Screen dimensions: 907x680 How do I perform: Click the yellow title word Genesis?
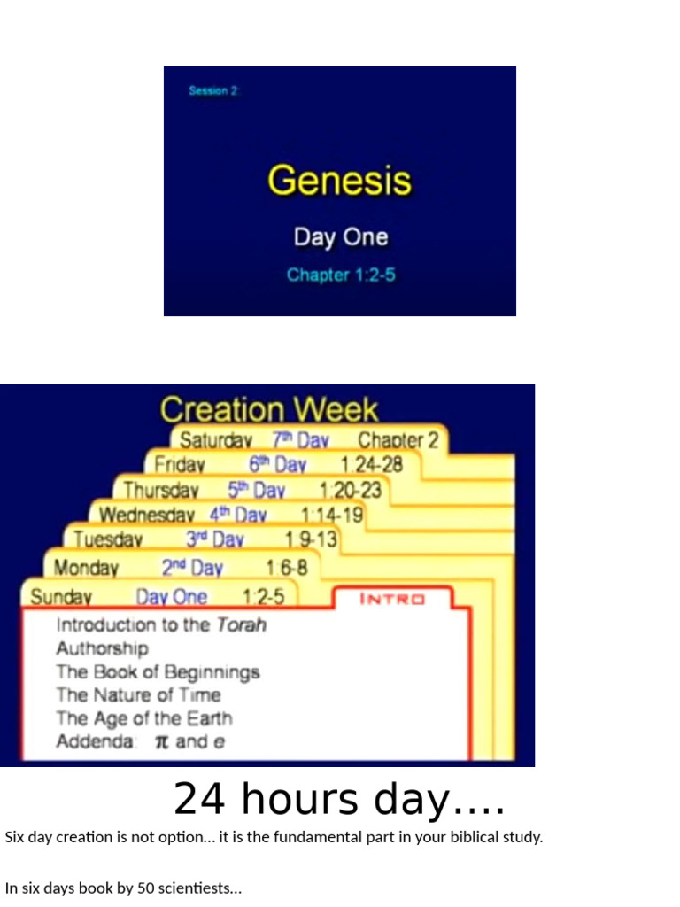coord(339,181)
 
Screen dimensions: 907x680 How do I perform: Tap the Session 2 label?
coord(213,90)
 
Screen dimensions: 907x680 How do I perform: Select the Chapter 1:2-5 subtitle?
coord(341,275)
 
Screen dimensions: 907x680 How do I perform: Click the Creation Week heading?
coord(269,410)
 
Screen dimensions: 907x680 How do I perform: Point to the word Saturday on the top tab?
coord(216,440)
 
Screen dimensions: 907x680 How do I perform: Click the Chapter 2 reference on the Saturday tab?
coord(398,440)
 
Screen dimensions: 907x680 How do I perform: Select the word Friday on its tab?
coord(180,465)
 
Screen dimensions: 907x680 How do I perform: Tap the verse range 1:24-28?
coord(371,465)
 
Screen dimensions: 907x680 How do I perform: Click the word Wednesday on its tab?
coord(146,515)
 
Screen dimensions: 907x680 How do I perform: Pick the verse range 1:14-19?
coord(331,515)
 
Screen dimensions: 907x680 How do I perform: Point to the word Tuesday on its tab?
coord(108,539)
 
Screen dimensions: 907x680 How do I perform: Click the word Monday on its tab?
coord(86,568)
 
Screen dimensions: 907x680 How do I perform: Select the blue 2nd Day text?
coord(191,568)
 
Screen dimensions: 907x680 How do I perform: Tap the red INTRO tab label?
coord(392,599)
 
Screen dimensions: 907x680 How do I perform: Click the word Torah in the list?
coord(241,624)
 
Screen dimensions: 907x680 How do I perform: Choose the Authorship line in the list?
coord(102,648)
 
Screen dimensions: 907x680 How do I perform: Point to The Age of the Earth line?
coord(144,718)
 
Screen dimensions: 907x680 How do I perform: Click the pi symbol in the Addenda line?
coord(161,742)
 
